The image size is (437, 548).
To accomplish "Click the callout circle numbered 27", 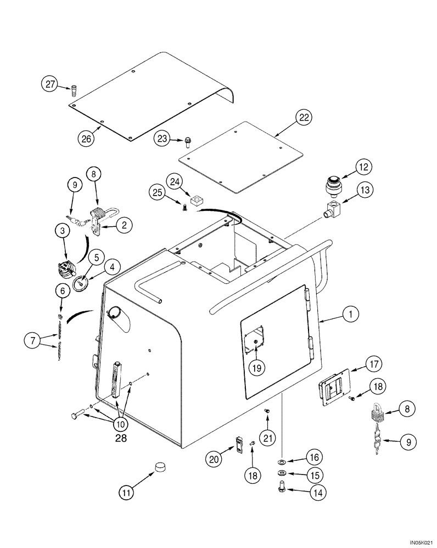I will click(50, 85).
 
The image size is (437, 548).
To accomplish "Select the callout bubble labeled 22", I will click(304, 117).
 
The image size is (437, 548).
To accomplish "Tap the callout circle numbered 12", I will click(349, 165).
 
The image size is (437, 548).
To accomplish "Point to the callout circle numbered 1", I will click(350, 314).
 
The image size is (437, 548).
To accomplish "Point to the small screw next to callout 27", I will click(74, 89).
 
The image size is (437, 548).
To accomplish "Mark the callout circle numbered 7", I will click(33, 341).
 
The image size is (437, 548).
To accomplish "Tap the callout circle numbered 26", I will click(88, 139).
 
